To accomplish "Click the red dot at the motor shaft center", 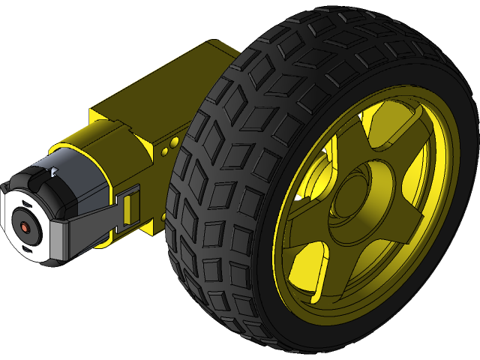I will coord(25,226).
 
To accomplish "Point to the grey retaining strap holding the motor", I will coord(82,229).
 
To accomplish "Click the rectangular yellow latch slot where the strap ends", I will coord(129,206).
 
